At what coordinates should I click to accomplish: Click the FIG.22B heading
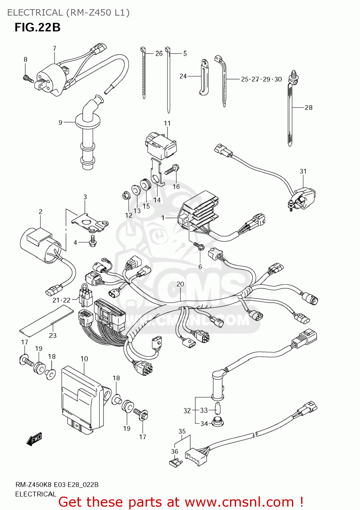37,27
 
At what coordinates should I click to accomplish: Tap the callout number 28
308,107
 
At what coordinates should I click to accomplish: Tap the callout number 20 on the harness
180,284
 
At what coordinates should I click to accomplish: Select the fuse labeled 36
176,462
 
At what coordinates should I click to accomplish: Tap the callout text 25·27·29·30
261,79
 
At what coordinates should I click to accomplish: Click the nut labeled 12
125,196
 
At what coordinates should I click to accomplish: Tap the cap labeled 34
217,422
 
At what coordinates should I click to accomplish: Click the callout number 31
303,171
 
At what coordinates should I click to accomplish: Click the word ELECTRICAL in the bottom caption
35,494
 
